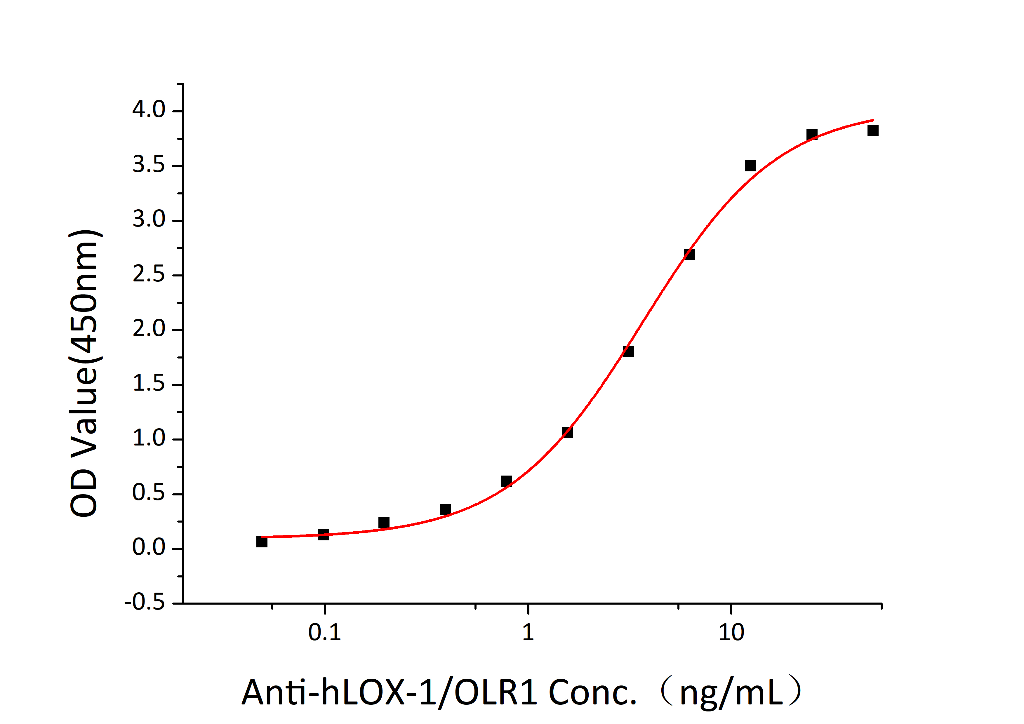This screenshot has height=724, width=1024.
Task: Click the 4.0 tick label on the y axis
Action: pos(149,110)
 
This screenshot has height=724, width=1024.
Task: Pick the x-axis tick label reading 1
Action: pos(528,633)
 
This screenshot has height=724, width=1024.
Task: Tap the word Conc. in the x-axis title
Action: pos(592,692)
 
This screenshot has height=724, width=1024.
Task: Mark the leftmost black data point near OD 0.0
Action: pos(262,542)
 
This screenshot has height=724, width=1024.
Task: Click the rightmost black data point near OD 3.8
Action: pos(873,130)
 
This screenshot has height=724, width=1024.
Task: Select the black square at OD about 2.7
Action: pos(689,254)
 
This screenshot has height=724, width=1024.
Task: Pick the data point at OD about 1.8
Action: pos(628,352)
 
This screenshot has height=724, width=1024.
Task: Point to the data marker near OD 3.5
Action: pos(751,166)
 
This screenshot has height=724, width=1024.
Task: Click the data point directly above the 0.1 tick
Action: pos(323,535)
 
